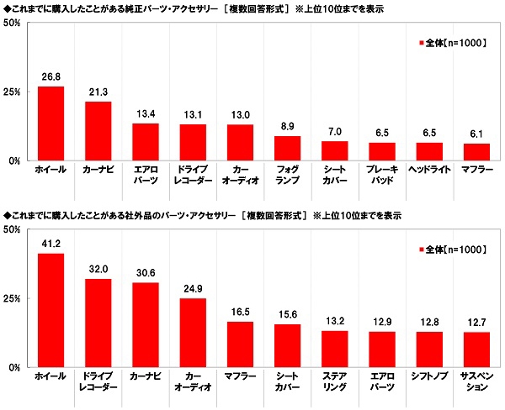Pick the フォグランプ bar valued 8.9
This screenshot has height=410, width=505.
[287, 148]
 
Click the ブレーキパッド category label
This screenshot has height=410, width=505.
[381, 175]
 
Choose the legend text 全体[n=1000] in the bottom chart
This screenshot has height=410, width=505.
[454, 250]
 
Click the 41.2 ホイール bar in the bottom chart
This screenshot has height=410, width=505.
[51, 311]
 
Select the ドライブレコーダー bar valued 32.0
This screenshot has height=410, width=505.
[98, 323]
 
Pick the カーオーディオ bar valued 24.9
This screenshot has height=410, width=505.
[193, 334]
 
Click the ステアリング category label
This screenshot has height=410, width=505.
[334, 383]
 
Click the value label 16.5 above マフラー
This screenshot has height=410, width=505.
[240, 313]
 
